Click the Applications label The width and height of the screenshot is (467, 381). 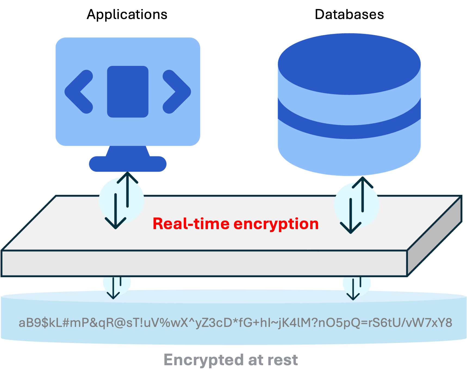coord(127,15)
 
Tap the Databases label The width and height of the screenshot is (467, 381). coord(349,15)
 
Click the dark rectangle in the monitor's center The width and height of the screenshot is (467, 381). coord(127,92)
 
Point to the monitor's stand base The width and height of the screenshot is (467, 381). coord(127,164)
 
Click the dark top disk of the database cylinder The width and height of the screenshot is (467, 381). coord(349,64)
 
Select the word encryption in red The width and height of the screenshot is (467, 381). coord(276,224)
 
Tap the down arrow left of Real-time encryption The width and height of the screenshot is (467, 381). coord(116,212)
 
